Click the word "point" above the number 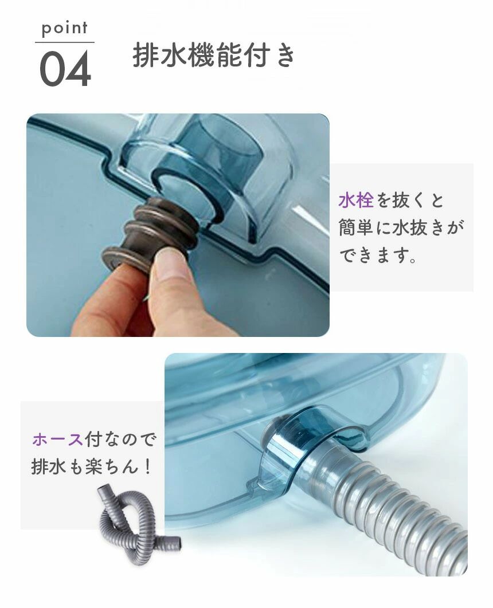click(64, 29)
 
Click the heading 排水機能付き click(214, 56)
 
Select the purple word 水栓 click(355, 201)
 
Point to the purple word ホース click(58, 440)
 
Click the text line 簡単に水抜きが click(401, 227)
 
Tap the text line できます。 click(378, 255)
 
